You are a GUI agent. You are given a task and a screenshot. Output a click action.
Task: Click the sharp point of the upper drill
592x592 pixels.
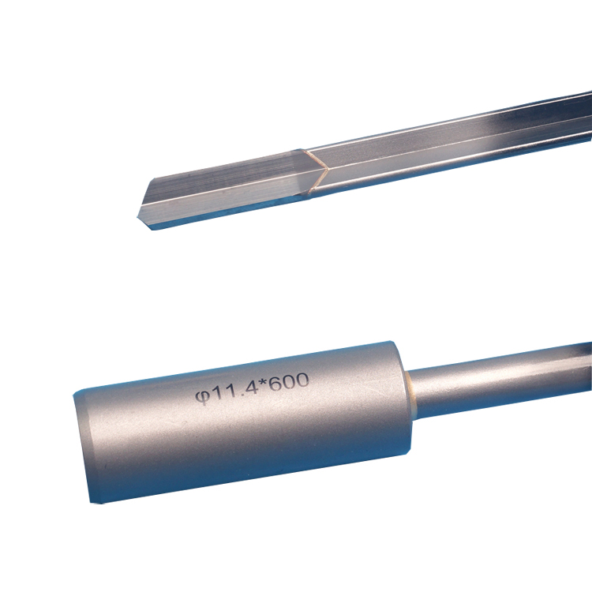pyautogui.click(x=137, y=217)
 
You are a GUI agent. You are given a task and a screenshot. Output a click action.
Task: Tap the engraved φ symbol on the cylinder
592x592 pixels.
pyautogui.click(x=202, y=397)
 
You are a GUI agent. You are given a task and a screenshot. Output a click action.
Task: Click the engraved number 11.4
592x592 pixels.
pyautogui.click(x=234, y=391)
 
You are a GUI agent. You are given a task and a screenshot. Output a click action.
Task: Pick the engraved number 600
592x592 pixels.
pyautogui.click(x=289, y=383)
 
